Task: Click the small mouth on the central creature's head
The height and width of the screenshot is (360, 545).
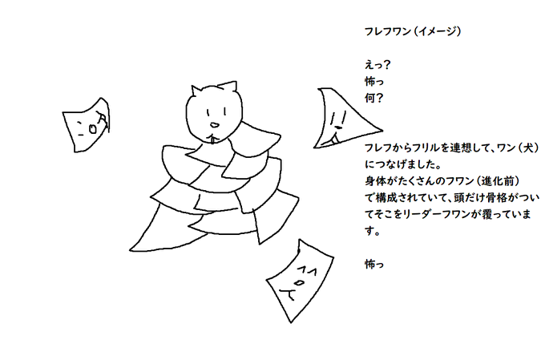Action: (213, 124)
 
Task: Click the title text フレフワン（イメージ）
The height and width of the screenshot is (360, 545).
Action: (413, 32)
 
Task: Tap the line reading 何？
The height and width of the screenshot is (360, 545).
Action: (374, 99)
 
